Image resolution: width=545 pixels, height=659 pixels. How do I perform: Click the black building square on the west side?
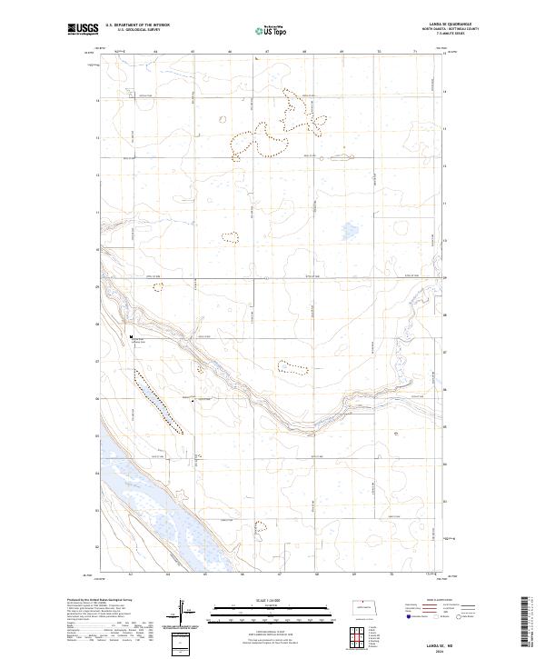[133, 337]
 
